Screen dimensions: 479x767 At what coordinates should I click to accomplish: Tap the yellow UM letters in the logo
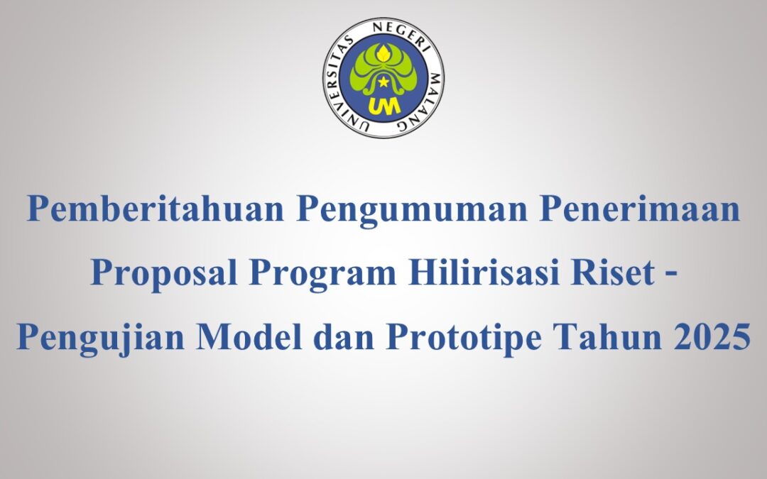pyautogui.click(x=383, y=104)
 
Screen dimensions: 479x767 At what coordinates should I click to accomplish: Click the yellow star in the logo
pyautogui.click(x=383, y=82)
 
